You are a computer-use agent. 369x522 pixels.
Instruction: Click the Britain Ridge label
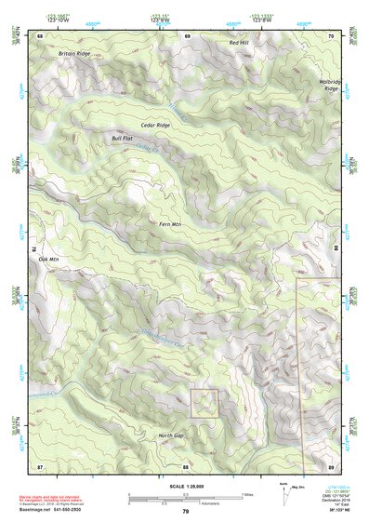coord(75,54)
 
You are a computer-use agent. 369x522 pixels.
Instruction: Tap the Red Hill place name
coord(239,44)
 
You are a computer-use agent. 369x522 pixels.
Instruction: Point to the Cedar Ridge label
coord(155,125)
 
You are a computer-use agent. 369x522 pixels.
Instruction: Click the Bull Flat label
coord(123,138)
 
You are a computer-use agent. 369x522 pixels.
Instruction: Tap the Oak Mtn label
coord(47,259)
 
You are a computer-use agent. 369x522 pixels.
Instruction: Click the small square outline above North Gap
coord(204,403)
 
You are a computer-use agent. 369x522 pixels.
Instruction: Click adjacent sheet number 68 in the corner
coord(40,35)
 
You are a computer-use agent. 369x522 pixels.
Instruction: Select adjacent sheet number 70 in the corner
coord(331,35)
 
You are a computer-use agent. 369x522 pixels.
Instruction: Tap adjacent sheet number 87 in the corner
coord(40,465)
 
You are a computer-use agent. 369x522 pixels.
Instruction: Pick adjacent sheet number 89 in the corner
coord(331,465)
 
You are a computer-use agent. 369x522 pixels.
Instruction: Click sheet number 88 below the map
coord(186,465)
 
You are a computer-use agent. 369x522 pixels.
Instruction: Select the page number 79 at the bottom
coord(186,512)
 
